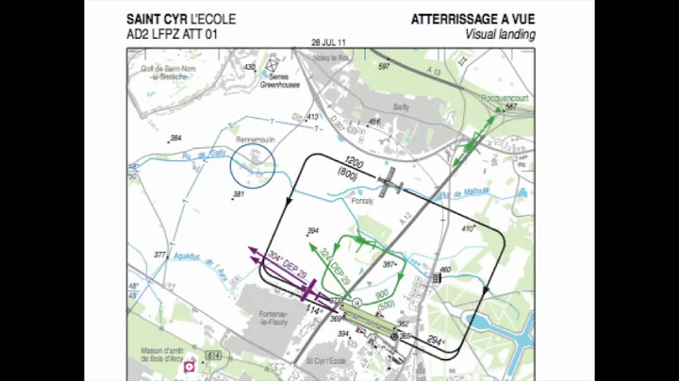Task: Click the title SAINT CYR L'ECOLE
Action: (181, 19)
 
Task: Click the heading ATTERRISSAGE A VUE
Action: (472, 19)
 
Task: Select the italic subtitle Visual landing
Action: (500, 34)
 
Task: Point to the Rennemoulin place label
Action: (254, 141)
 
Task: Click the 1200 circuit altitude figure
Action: (354, 162)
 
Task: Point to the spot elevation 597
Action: (383, 67)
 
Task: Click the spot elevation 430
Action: (249, 67)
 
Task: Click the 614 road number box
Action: (215, 354)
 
